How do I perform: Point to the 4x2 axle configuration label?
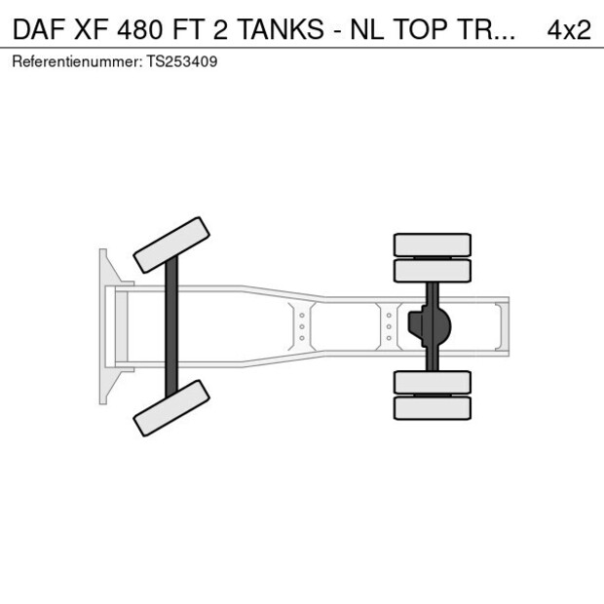[x=569, y=29]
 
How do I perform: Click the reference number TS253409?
[x=182, y=61]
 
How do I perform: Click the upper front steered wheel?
[x=172, y=245]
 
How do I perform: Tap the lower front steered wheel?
[x=171, y=408]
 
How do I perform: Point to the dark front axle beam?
[x=171, y=326]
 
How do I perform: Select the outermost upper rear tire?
[x=432, y=244]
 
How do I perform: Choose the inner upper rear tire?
[x=432, y=270]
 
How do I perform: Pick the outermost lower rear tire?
[x=432, y=408]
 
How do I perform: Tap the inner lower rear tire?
[x=432, y=382]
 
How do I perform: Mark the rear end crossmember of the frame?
[x=503, y=326]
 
